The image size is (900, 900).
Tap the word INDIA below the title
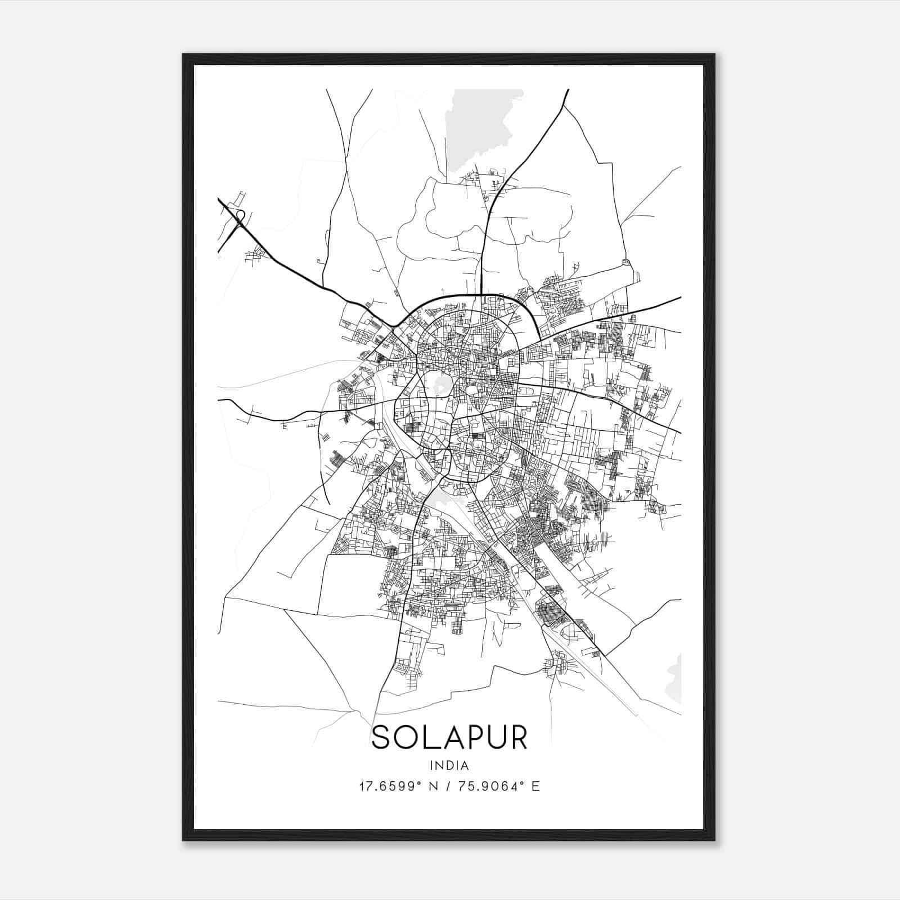click(449, 765)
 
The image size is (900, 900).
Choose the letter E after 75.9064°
click(535, 786)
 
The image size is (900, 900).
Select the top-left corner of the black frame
click(183, 55)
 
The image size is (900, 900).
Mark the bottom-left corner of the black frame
click(183, 840)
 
